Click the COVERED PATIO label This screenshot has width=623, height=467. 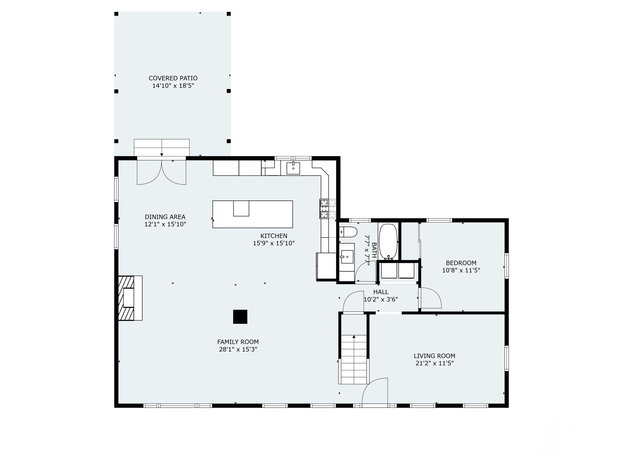pyautogui.click(x=173, y=78)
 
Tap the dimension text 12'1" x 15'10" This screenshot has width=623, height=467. pyautogui.click(x=165, y=224)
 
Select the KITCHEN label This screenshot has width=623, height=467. pyautogui.click(x=273, y=236)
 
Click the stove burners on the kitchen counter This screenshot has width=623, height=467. pyautogui.click(x=324, y=209)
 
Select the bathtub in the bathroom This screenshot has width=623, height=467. pyautogui.click(x=388, y=242)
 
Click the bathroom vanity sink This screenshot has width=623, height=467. pyautogui.click(x=347, y=257)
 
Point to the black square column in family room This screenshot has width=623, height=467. pyautogui.click(x=240, y=317)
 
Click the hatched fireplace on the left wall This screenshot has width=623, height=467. pyautogui.click(x=126, y=298)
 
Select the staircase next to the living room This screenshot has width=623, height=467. pyautogui.click(x=353, y=359)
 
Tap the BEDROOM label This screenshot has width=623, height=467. pyautogui.click(x=461, y=263)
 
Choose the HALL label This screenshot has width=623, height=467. pyautogui.click(x=381, y=292)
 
